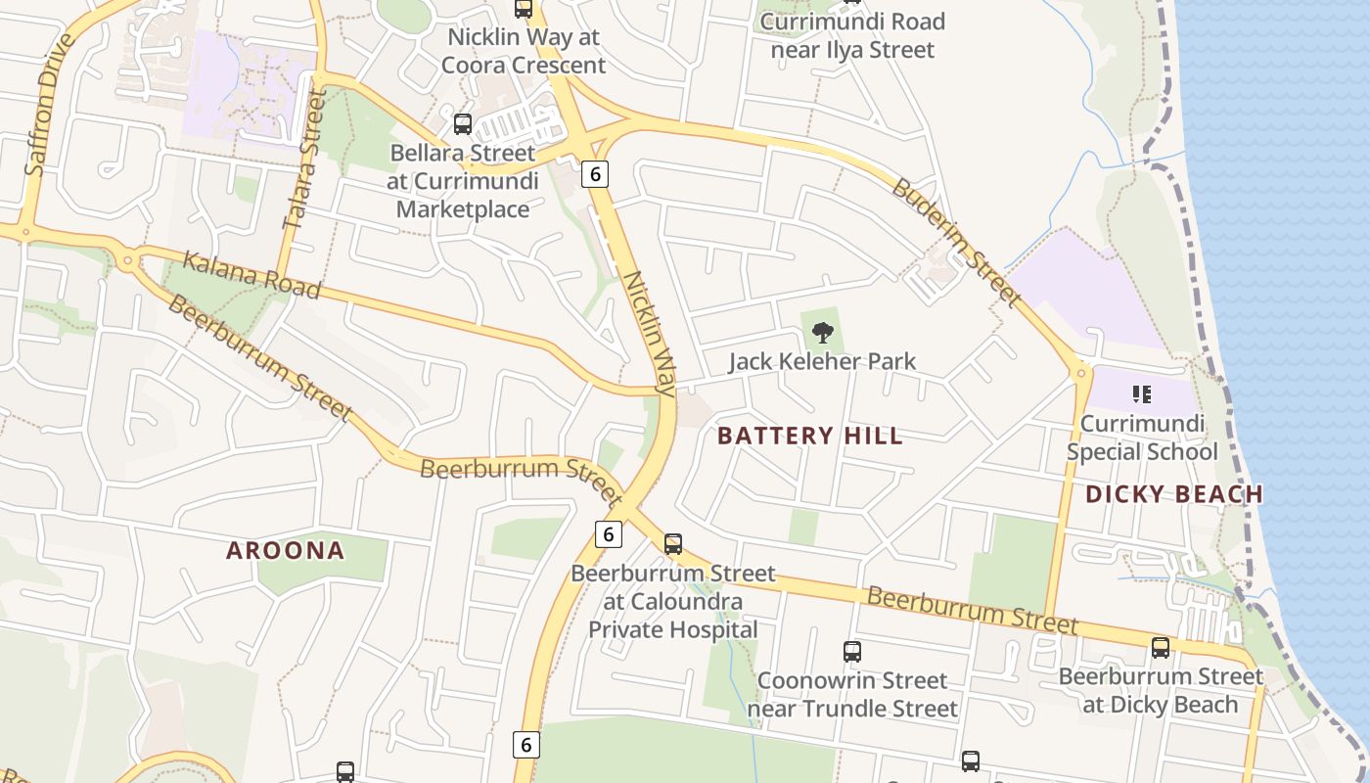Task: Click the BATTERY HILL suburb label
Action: (810, 436)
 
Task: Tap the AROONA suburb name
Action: (286, 550)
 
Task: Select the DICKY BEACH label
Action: (1174, 493)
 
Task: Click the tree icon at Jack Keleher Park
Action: (823, 333)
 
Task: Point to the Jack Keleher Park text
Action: (822, 361)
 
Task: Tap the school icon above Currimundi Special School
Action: (1141, 394)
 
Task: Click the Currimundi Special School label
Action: (1142, 438)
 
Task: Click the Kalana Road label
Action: (251, 275)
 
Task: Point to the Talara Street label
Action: (301, 161)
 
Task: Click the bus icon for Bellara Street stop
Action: (463, 124)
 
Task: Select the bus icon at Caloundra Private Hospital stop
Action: (673, 544)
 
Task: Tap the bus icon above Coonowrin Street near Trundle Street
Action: (852, 651)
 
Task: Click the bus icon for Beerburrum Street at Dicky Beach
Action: (1161, 647)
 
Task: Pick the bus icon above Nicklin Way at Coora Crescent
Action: (524, 9)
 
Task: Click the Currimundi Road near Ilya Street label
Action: (852, 35)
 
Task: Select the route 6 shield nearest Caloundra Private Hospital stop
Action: (609, 534)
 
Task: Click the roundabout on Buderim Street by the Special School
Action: (1081, 372)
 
